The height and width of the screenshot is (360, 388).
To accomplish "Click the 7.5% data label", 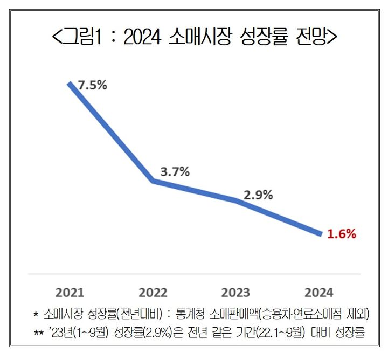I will click(93, 85).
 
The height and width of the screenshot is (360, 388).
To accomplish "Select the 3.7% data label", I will click(175, 172).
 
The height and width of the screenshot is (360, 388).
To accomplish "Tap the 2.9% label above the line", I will click(258, 195).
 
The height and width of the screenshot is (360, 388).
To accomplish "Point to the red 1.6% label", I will click(342, 234).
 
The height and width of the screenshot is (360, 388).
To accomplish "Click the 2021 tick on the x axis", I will click(70, 293).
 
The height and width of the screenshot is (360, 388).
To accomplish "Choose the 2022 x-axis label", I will click(153, 293).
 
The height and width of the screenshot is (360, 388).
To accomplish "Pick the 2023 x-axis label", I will click(236, 293).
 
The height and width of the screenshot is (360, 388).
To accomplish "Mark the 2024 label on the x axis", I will click(319, 293).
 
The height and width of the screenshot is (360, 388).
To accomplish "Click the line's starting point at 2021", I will click(70, 84).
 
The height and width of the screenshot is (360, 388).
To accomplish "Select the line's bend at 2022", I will click(153, 181).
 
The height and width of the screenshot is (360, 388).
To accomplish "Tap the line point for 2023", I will click(236, 200).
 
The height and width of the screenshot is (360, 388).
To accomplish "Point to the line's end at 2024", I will click(320, 234).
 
